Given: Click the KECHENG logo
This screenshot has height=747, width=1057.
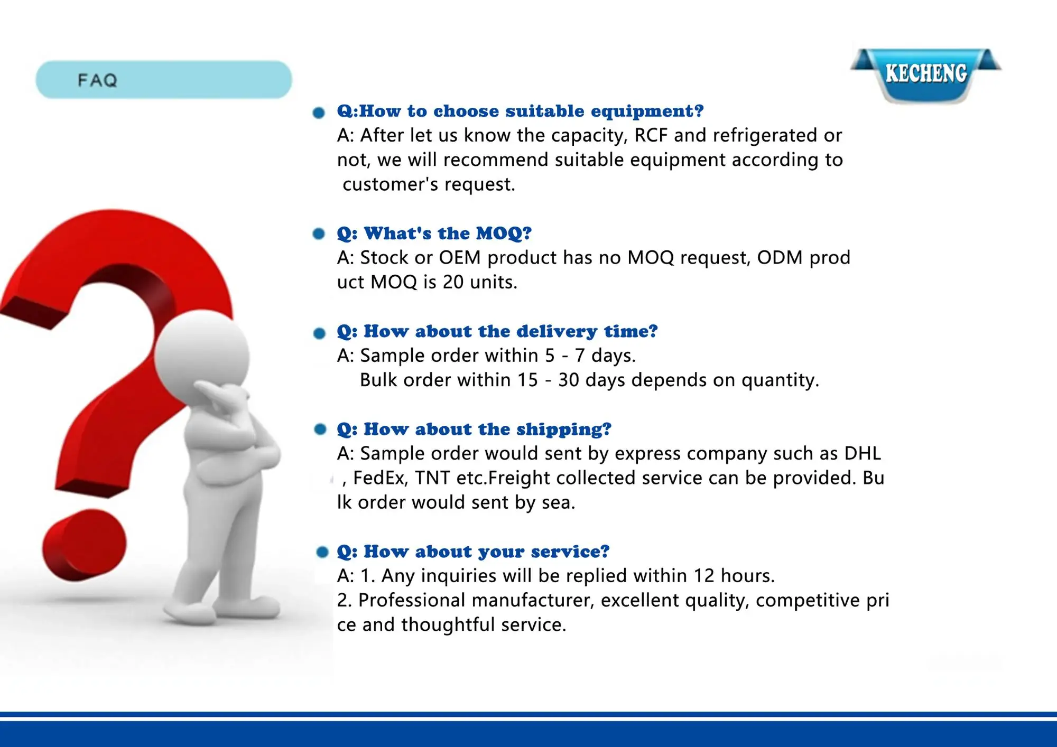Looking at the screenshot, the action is click(926, 74).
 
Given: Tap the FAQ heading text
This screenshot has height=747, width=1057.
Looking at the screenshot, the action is click(97, 80).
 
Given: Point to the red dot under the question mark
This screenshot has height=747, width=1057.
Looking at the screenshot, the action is click(85, 545).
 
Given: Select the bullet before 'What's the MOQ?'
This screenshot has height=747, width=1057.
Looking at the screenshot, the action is click(319, 234).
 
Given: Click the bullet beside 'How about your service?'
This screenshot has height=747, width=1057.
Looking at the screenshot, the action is click(322, 552).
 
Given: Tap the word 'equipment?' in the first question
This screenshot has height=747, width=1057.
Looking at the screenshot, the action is click(647, 111).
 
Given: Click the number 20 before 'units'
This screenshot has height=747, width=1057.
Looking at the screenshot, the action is click(453, 282).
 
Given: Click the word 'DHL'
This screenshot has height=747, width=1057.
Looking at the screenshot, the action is click(863, 453).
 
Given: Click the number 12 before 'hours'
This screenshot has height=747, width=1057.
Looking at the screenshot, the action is click(704, 576).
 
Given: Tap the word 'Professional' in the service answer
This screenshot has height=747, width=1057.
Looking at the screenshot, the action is click(412, 600).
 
